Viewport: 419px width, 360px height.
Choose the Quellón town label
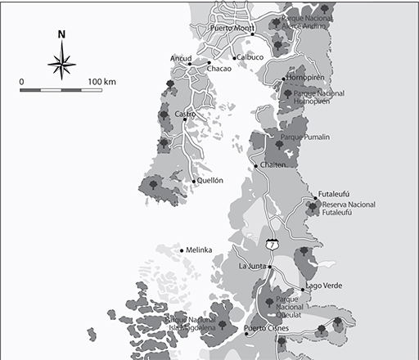(x=209, y=181)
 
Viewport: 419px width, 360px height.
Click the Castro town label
(x=184, y=114)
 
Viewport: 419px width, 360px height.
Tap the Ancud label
(x=180, y=58)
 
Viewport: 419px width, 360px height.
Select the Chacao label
(x=219, y=70)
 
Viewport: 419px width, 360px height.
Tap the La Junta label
(x=254, y=267)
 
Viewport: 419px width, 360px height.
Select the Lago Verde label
(x=323, y=286)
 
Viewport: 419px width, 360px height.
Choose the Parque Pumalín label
(x=304, y=137)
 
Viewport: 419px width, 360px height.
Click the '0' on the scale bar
(x=21, y=82)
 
